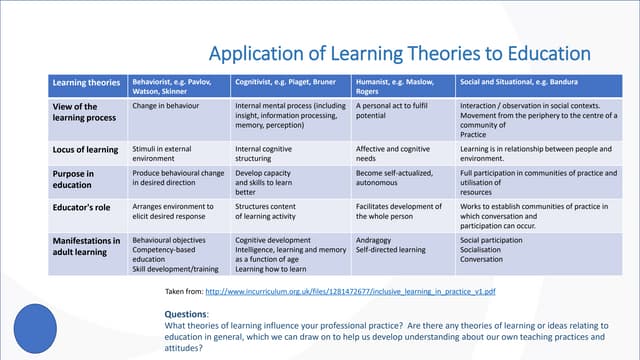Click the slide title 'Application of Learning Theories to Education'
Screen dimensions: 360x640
coord(398,53)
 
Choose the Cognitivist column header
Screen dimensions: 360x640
coord(286,82)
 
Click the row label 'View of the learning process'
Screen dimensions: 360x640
coord(77,112)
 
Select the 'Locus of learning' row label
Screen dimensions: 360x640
coord(86,150)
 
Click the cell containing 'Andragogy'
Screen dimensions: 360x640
coord(375,240)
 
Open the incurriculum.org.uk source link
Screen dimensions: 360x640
coord(350,292)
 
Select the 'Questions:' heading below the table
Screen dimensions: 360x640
coord(186,314)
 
